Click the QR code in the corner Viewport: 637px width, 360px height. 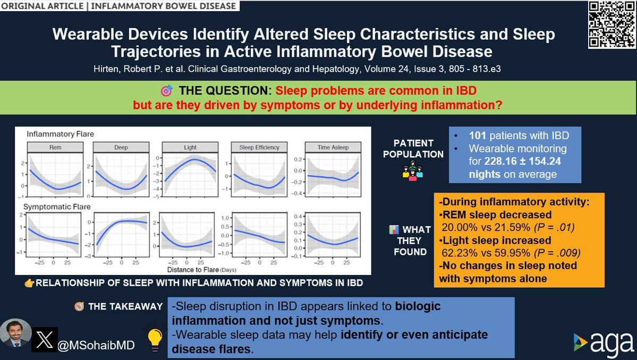tap(612, 24)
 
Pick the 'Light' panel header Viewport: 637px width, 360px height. tap(190, 148)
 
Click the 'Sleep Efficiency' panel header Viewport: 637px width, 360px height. tap(259, 148)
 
